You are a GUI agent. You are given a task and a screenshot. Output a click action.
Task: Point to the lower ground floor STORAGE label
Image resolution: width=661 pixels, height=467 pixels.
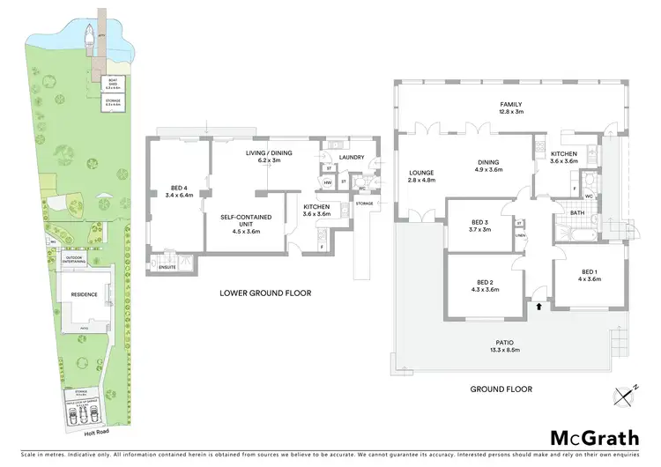pos(365,204)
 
